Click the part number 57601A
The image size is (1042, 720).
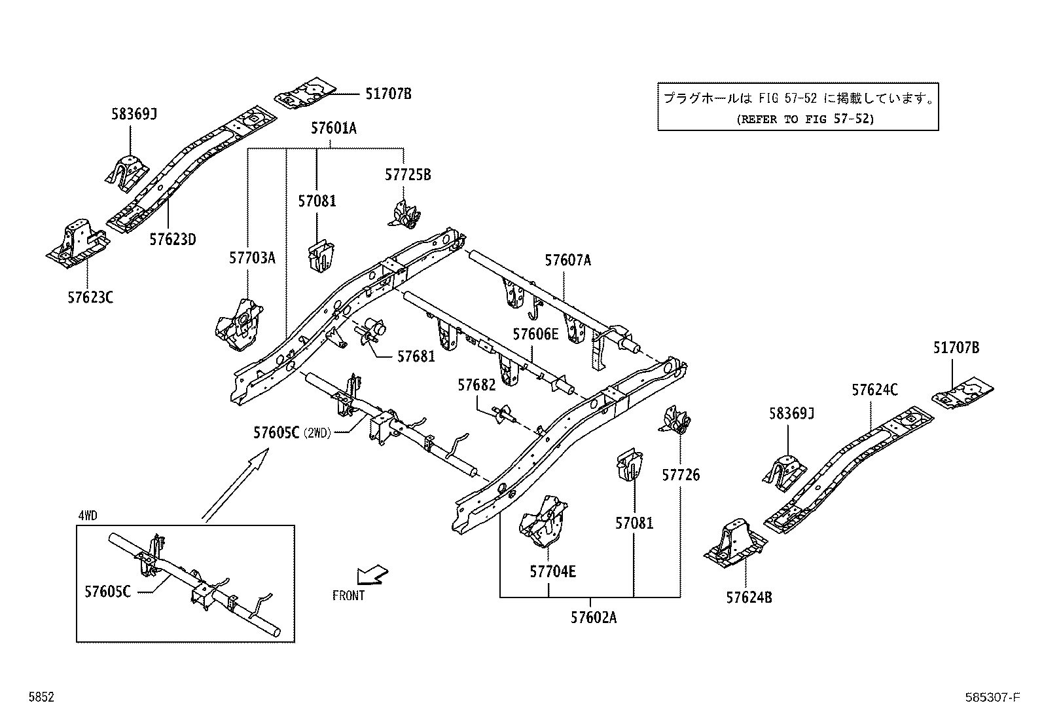pyautogui.click(x=334, y=128)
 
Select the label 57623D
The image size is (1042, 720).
pyautogui.click(x=172, y=240)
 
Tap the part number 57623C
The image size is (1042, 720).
pyautogui.click(x=90, y=297)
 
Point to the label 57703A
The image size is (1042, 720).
pyautogui.click(x=252, y=258)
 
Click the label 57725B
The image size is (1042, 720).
pyautogui.click(x=408, y=176)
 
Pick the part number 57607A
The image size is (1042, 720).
pyautogui.click(x=567, y=261)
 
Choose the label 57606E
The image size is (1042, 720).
pyautogui.click(x=535, y=335)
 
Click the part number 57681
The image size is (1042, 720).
pyautogui.click(x=416, y=356)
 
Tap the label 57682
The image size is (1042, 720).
pyautogui.click(x=476, y=385)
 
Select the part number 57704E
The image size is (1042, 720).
pyautogui.click(x=552, y=572)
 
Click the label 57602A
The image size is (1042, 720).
pyautogui.click(x=594, y=617)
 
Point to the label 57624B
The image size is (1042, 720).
pyautogui.click(x=749, y=597)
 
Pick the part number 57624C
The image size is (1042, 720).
pyautogui.click(x=874, y=390)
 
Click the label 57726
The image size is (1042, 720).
pyautogui.click(x=681, y=475)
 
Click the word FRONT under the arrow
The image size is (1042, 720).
pyautogui.click(x=348, y=596)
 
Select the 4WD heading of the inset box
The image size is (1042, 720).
pyautogui.click(x=87, y=516)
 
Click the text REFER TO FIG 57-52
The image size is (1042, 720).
pyautogui.click(x=804, y=119)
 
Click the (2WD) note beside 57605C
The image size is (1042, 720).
pyautogui.click(x=317, y=433)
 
